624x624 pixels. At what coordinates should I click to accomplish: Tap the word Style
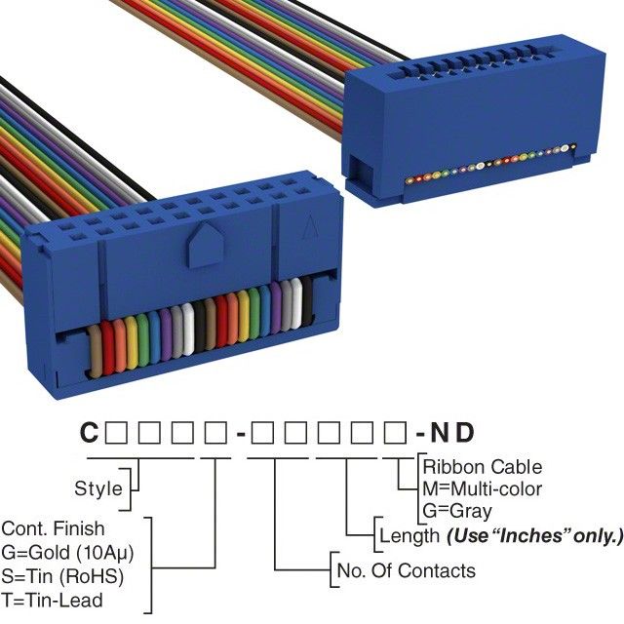tap(98, 488)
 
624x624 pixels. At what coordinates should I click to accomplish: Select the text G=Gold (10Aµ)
tap(66, 552)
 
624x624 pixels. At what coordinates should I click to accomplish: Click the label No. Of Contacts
tap(406, 570)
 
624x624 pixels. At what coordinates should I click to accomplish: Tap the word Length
tap(409, 534)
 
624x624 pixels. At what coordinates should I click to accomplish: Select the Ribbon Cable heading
tap(482, 467)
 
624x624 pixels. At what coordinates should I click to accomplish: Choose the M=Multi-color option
tap(482, 488)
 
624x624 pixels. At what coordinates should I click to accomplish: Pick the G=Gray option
tap(457, 510)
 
